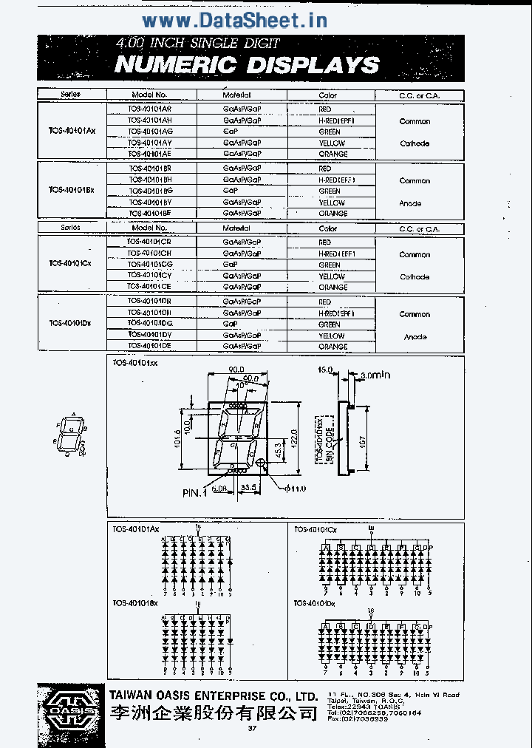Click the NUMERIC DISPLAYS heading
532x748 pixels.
[247, 64]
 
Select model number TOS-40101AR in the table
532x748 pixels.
[149, 109]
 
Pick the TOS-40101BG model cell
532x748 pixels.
[150, 191]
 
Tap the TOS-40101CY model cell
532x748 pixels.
[149, 276]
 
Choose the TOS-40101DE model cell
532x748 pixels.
[149, 346]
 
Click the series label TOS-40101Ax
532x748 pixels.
[72, 131]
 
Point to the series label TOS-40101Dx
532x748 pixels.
[70, 323]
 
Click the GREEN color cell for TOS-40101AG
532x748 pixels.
[330, 132]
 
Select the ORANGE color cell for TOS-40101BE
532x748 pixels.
[332, 214]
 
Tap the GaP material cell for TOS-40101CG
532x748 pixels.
[230, 265]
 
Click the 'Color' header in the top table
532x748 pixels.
[327, 95]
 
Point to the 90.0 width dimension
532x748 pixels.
[236, 369]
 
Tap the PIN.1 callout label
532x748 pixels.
[194, 493]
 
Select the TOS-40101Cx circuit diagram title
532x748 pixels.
[316, 530]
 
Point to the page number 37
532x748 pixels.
[252, 730]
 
